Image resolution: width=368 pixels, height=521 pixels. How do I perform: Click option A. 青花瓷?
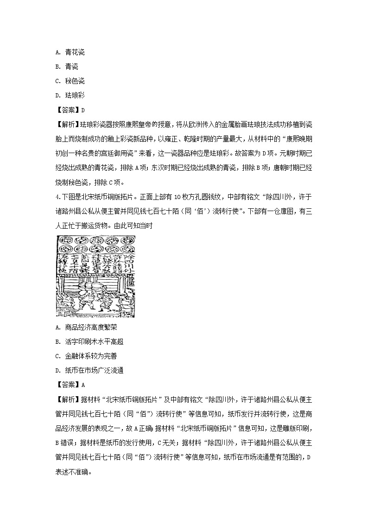(x=70, y=52)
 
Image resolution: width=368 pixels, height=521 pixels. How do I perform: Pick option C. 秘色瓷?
(x=70, y=81)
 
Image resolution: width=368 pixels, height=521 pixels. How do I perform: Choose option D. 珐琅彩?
(x=70, y=96)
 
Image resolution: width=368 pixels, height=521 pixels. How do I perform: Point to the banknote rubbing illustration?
(x=95, y=277)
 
